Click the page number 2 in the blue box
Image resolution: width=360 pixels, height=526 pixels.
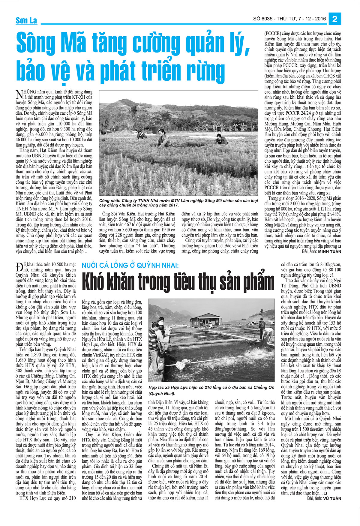(335, 19)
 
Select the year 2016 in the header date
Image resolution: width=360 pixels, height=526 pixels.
(320, 19)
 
